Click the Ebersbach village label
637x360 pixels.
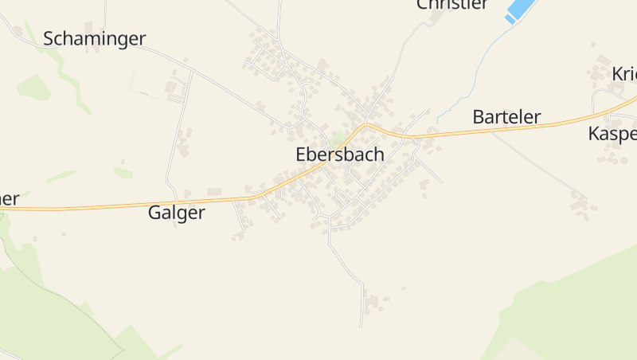[x=339, y=155]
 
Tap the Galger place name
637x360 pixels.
[x=176, y=213]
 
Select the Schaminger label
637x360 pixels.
[x=95, y=38]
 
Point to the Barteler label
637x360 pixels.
[x=506, y=117]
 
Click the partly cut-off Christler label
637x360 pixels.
[x=451, y=5]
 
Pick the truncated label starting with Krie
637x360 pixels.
[x=623, y=74]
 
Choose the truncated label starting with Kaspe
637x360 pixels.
[x=612, y=133]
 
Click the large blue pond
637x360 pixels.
[x=521, y=8]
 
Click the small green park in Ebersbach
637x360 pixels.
[x=338, y=139]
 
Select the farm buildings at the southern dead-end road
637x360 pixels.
[x=372, y=302]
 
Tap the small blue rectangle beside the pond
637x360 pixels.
[x=510, y=19]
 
